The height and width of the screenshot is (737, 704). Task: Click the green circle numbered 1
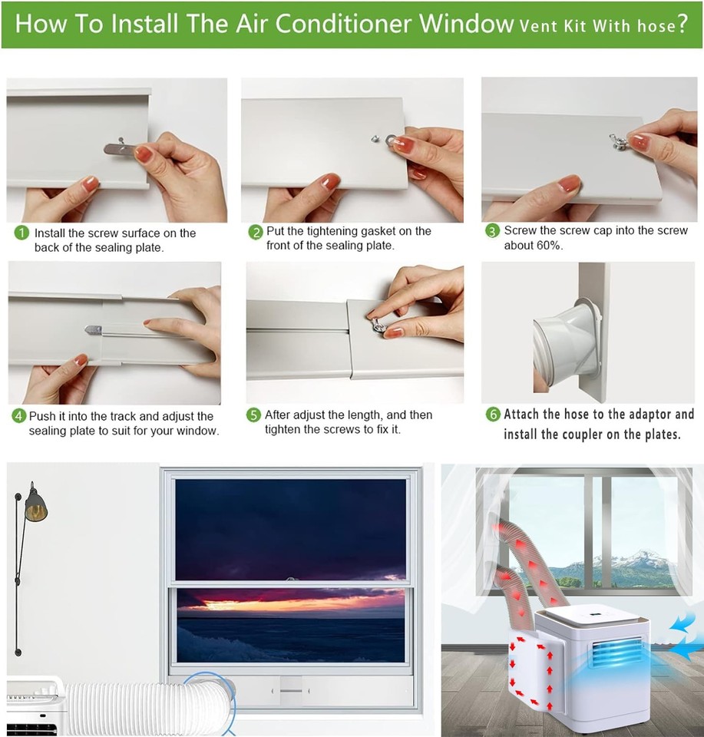22,233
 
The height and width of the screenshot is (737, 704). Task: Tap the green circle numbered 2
255,233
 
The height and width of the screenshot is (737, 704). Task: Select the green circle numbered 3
492,231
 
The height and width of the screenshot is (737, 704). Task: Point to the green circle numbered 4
18,416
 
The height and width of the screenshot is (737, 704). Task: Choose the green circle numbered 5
253,415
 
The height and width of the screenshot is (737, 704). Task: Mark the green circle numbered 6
493,415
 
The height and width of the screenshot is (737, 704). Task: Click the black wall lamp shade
35,507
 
